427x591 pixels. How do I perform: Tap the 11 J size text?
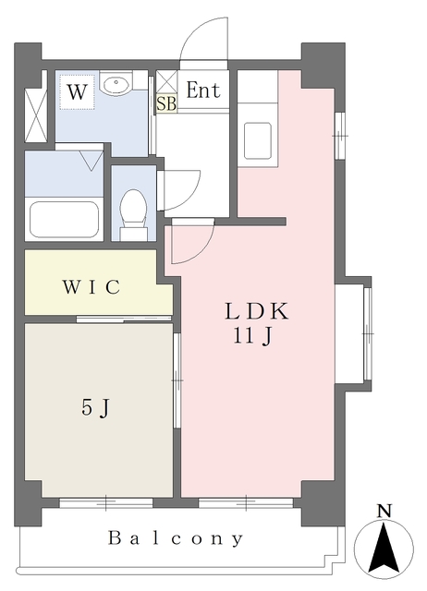coord(252,337)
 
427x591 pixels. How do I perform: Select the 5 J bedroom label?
coord(96,406)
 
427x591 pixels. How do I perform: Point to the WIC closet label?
coord(91,287)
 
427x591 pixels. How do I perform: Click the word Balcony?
coord(176,537)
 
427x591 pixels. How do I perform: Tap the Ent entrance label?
coord(203,91)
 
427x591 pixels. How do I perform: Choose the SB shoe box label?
coord(166,103)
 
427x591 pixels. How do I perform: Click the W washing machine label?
coord(78,92)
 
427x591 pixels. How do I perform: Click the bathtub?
coord(64,220)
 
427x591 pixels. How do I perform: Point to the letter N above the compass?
coord(385,511)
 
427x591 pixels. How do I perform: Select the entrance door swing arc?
coord(203,42)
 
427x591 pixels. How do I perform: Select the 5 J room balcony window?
coord(105,503)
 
